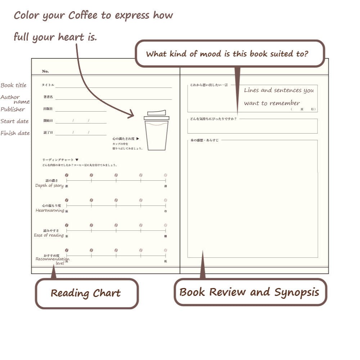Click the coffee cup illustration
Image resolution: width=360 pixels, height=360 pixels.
(x=157, y=133)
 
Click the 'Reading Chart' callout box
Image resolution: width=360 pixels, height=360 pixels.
(x=86, y=293)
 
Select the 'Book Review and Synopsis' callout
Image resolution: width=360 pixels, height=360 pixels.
(x=249, y=292)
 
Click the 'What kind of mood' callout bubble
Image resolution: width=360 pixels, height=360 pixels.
(x=230, y=54)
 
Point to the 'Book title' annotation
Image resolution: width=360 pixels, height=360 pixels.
(x=14, y=85)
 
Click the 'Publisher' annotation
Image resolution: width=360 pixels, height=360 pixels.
(x=13, y=109)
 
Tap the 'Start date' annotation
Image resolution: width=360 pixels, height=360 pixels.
(x=14, y=121)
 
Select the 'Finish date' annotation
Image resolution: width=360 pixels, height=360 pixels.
(x=15, y=133)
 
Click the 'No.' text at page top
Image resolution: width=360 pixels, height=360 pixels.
(x=45, y=71)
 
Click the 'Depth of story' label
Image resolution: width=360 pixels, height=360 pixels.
(x=49, y=186)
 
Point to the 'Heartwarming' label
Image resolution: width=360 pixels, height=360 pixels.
(x=50, y=210)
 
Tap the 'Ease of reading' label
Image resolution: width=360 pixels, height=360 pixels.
(x=49, y=235)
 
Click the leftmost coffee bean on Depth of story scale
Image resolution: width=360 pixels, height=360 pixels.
(x=67, y=175)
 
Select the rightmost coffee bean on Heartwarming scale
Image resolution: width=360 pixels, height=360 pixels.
(x=166, y=200)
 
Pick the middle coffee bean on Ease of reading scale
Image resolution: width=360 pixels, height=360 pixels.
(x=116, y=225)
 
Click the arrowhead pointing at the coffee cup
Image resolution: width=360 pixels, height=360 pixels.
(x=132, y=115)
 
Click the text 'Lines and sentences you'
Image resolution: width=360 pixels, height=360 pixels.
(x=279, y=90)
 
